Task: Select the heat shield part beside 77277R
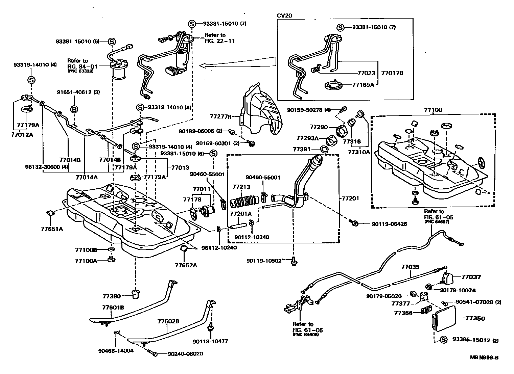pyautogui.click(x=262, y=111)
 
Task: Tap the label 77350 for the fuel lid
pyautogui.click(x=475, y=318)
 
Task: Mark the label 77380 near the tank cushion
pyautogui.click(x=112, y=296)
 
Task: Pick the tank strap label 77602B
pyautogui.click(x=168, y=321)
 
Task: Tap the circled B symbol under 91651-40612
pyautogui.click(x=74, y=109)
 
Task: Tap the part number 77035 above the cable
pyautogui.click(x=411, y=267)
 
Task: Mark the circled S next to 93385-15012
pyautogui.click(x=444, y=340)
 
